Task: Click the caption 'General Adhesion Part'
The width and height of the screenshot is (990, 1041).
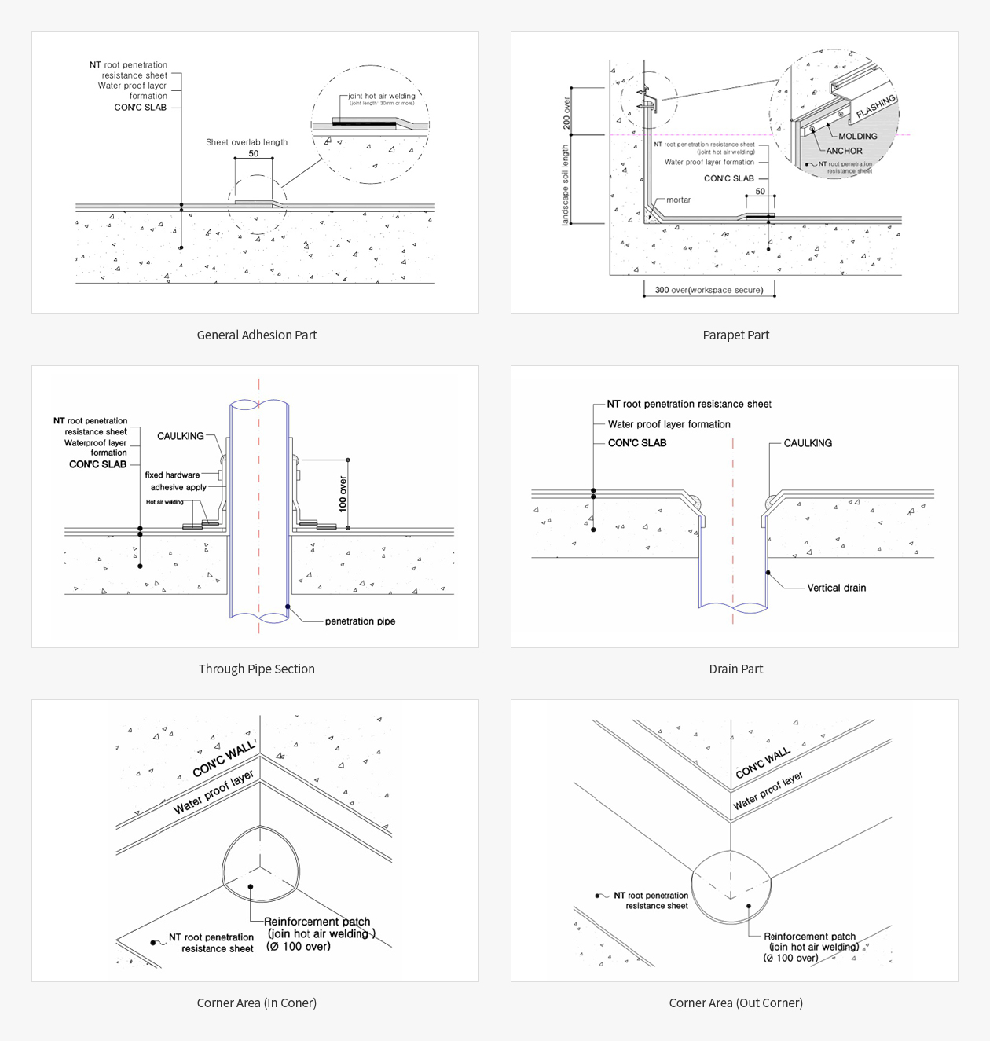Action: pyautogui.click(x=256, y=335)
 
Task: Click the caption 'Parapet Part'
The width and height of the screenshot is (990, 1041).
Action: pyautogui.click(x=735, y=335)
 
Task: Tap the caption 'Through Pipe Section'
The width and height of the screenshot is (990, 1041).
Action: pyautogui.click(x=256, y=669)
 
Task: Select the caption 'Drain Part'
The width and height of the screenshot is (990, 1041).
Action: pyautogui.click(x=735, y=669)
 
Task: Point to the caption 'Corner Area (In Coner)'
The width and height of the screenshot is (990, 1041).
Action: pyautogui.click(x=256, y=1003)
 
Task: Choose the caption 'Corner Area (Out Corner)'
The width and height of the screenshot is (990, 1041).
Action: pyautogui.click(x=735, y=1003)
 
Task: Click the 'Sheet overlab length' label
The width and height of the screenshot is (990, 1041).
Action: pyautogui.click(x=247, y=142)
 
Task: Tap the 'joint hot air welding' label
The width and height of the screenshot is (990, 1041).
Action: pyautogui.click(x=382, y=96)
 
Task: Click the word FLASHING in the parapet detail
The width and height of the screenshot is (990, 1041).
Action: pyautogui.click(x=875, y=107)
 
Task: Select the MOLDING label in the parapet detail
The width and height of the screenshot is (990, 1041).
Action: pyautogui.click(x=857, y=136)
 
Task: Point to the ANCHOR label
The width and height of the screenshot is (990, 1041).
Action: pyautogui.click(x=844, y=151)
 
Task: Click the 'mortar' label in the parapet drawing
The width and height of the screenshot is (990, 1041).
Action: pyautogui.click(x=678, y=200)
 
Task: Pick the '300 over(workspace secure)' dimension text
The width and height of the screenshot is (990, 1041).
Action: pyautogui.click(x=709, y=290)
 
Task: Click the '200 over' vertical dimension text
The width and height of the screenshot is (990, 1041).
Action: pyautogui.click(x=566, y=113)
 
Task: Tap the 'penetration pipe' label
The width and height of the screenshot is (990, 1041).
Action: pyautogui.click(x=360, y=621)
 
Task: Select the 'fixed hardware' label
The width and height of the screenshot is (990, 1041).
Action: pyautogui.click(x=172, y=475)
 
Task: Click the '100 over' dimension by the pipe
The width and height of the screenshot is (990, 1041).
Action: pyautogui.click(x=343, y=494)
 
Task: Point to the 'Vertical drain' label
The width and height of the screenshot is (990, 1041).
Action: pyautogui.click(x=836, y=588)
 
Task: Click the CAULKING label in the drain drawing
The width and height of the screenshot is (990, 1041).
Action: pyautogui.click(x=808, y=443)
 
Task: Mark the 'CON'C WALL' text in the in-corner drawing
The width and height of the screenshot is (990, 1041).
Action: pyautogui.click(x=224, y=758)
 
